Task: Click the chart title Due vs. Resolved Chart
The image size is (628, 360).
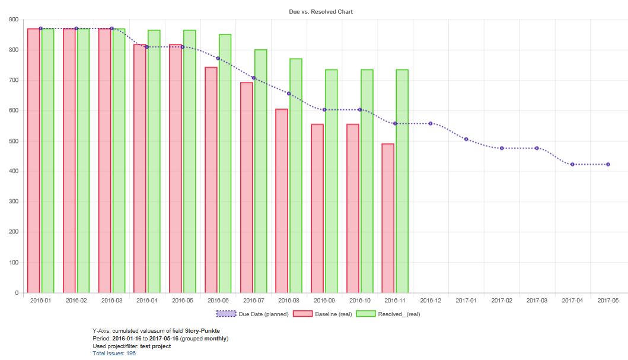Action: (320, 11)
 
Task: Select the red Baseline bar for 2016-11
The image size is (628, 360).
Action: (388, 218)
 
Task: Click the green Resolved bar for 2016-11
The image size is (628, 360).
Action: (402, 181)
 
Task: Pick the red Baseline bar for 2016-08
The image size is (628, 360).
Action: (282, 200)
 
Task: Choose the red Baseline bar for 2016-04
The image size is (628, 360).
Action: (140, 168)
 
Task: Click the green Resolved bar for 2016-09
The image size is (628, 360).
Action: (331, 181)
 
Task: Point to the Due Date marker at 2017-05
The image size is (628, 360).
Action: (608, 164)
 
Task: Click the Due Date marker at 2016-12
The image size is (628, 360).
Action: (431, 123)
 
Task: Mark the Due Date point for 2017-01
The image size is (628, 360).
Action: (466, 139)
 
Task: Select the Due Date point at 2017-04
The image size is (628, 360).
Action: (572, 164)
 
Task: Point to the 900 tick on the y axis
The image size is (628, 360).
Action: (14, 20)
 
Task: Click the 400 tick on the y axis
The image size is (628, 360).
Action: (14, 171)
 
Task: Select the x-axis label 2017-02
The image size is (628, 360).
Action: (502, 301)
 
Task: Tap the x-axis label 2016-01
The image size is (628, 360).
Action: (40, 301)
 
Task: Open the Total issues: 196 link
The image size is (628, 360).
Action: (114, 353)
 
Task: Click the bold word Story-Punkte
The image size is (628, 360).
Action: (202, 331)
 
